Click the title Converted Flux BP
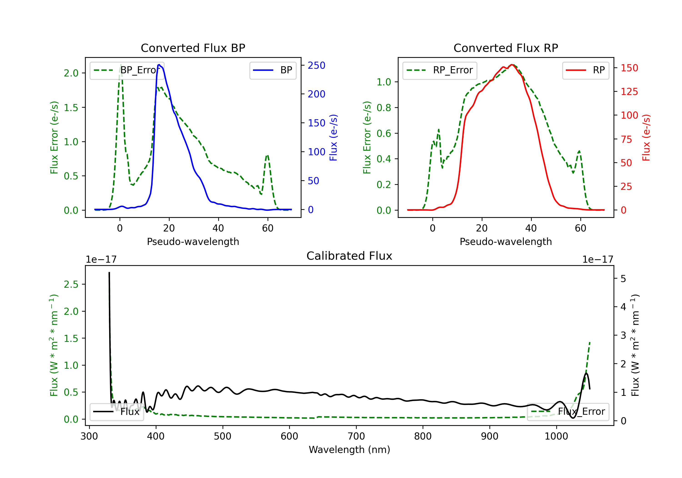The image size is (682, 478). pos(193,48)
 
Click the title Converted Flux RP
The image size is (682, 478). pos(506,48)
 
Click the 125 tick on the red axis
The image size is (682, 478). pos(629,92)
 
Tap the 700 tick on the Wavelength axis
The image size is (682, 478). pos(356,436)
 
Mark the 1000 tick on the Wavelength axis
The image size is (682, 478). pos(556,436)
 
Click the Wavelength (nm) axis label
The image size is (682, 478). pos(349,450)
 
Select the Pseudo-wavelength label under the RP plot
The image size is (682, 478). pos(506,242)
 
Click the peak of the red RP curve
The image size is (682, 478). pos(512,65)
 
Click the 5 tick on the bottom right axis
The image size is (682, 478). pos(623,279)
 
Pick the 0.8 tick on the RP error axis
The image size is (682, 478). pos(384,108)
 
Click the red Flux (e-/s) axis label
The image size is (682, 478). pos(646,137)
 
